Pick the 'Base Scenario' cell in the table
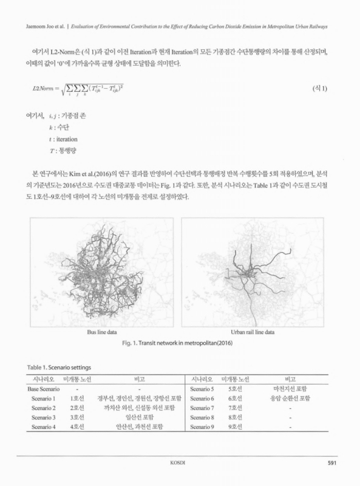pos(42,388)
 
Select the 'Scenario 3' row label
pos(42,417)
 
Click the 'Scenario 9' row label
pos(203,428)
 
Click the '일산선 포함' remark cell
pos(139,417)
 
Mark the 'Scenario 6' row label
pos(203,398)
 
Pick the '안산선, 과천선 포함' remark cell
pos(139,428)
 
